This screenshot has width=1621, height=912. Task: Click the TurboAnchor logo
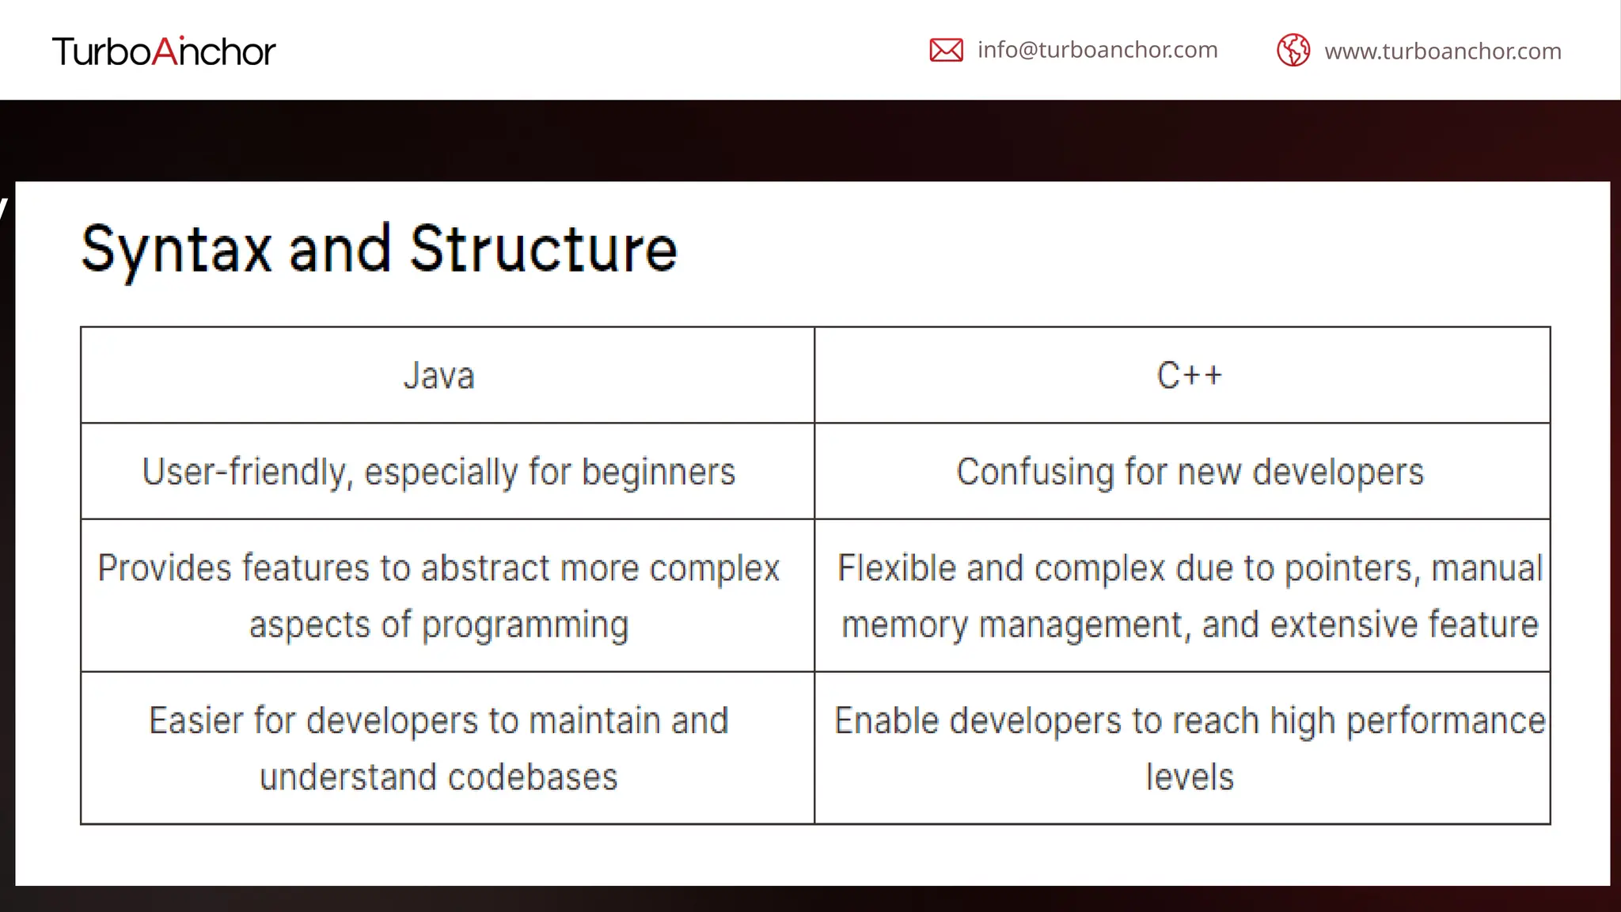164,51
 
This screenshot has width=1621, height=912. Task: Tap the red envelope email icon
946,50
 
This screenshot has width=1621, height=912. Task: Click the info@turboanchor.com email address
1097,50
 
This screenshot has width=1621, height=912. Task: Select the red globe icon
1293,51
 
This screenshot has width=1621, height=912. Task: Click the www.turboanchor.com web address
1442,51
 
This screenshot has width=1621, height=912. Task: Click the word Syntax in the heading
176,249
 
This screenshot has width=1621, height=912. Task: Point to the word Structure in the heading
543,249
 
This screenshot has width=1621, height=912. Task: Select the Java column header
438,375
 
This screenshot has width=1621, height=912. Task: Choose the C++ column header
1189,375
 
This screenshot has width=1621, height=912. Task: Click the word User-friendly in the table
245,472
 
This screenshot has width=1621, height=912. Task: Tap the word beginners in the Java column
659,472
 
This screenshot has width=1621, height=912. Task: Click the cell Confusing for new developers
1190,472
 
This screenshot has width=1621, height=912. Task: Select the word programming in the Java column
525,625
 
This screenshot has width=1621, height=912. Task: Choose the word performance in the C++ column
1445,721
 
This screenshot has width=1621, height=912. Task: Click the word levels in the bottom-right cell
1190,777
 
